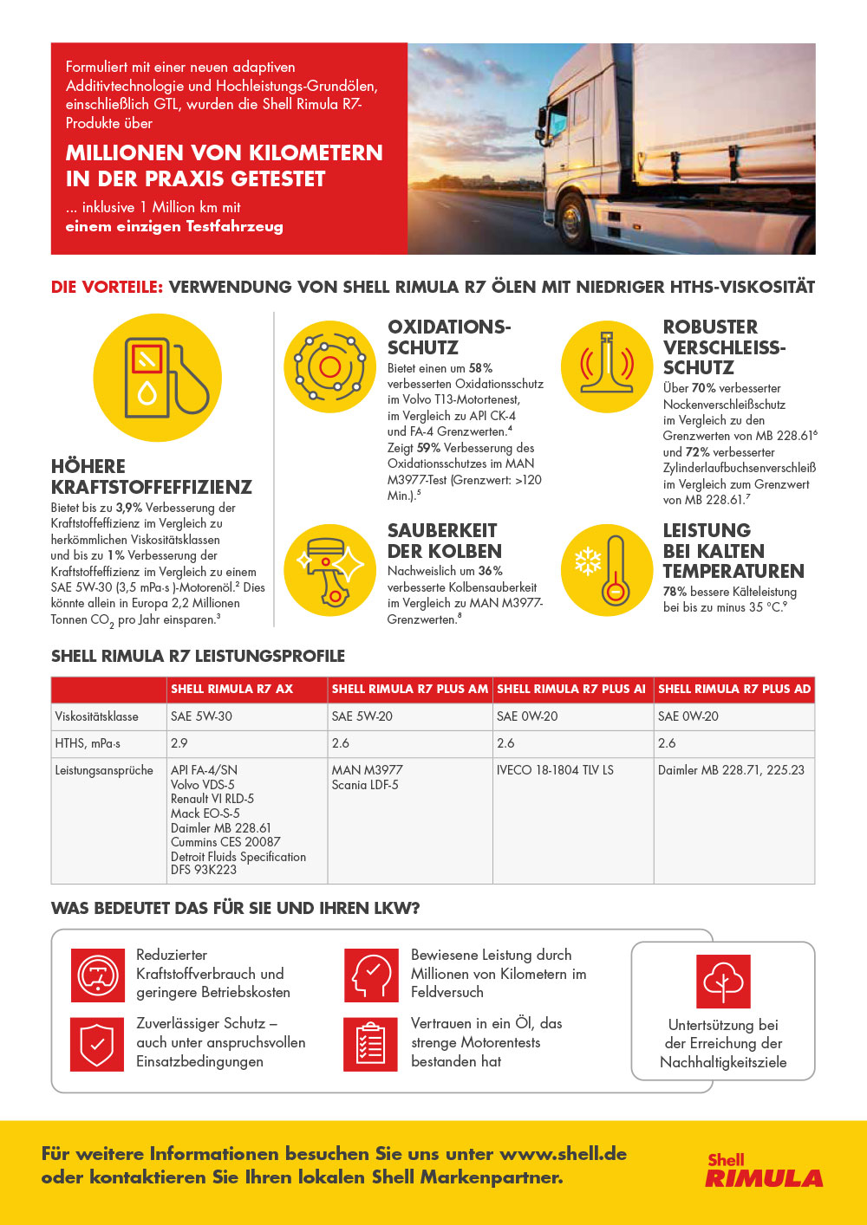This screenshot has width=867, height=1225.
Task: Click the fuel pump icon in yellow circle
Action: tap(158, 378)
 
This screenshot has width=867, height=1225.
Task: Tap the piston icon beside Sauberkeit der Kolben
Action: tap(329, 569)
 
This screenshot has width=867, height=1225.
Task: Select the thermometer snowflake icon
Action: tap(606, 569)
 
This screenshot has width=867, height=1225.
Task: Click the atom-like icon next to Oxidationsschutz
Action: tap(329, 366)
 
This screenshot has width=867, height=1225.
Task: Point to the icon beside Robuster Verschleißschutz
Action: tap(606, 366)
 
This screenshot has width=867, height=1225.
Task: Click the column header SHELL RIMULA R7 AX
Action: tap(231, 689)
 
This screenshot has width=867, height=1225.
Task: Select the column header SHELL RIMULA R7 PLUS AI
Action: tap(571, 689)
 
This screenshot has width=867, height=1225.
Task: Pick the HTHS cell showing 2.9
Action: tap(179, 743)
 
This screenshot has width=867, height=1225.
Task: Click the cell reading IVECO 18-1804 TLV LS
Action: tap(555, 770)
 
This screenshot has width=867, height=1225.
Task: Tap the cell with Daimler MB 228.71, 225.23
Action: tap(731, 770)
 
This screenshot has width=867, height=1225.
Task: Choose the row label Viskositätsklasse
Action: tap(97, 716)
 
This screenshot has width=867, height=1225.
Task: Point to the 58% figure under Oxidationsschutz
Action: tap(480, 368)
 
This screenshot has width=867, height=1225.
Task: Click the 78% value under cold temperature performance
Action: tap(675, 592)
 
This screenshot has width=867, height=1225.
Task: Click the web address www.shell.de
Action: tap(563, 1154)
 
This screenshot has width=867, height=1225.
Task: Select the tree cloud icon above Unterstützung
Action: tap(723, 981)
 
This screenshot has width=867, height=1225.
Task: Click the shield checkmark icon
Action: tap(97, 1044)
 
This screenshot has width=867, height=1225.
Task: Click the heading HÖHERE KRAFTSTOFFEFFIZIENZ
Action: tap(152, 476)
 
